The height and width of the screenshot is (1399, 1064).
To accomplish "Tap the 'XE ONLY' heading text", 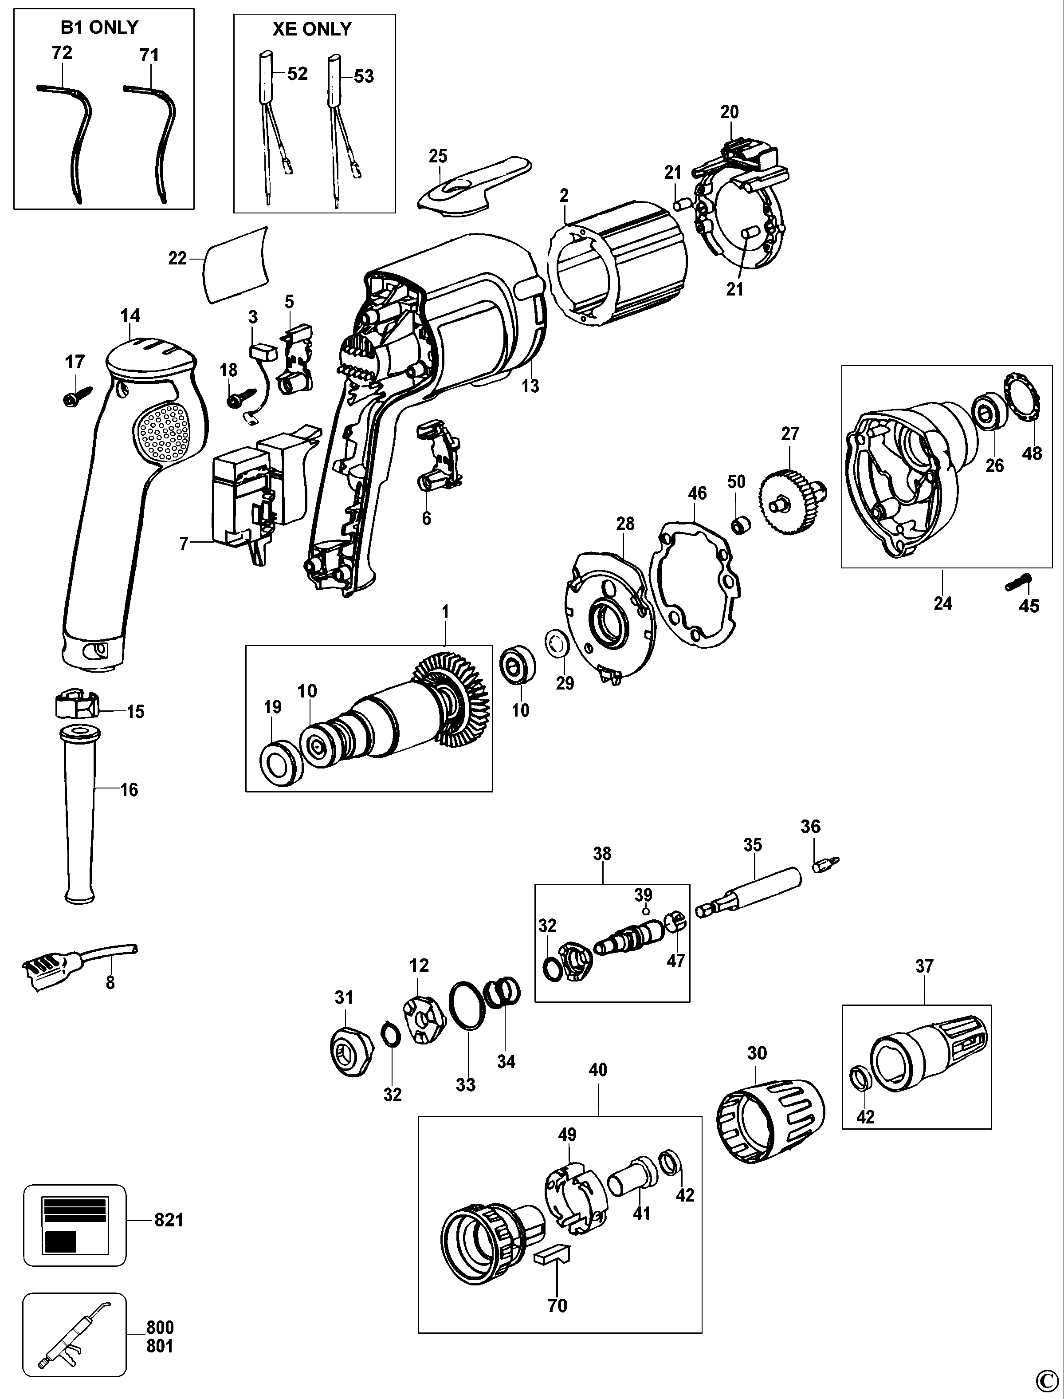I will coord(312,29).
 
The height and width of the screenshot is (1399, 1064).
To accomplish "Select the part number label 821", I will coord(169,1220).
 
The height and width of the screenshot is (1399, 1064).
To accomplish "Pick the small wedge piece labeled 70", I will coord(553,1254).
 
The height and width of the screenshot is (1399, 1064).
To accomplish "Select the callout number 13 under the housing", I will coord(530,386).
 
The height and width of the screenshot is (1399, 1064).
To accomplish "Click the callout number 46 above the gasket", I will coord(697,493).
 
